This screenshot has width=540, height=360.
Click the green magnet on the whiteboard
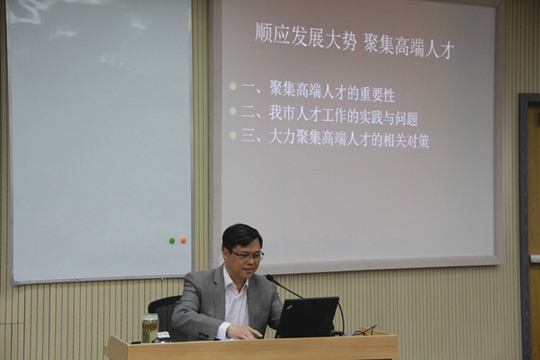(x=172, y=240)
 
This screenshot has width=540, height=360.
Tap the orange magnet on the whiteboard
(x=184, y=240)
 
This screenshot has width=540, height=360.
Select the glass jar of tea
(x=150, y=328)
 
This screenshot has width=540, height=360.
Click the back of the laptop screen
(x=307, y=317)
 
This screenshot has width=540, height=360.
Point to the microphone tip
(x=269, y=277)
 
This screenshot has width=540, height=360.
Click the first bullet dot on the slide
(x=233, y=86)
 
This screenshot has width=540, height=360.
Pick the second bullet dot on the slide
(x=233, y=111)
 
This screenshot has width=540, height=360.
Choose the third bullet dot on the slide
(x=233, y=135)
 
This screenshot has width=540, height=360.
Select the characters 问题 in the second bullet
(x=407, y=119)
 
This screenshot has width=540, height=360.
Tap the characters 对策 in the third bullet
(x=418, y=141)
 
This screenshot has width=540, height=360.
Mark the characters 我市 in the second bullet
(x=281, y=113)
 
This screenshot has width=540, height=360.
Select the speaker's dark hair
(x=241, y=236)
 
